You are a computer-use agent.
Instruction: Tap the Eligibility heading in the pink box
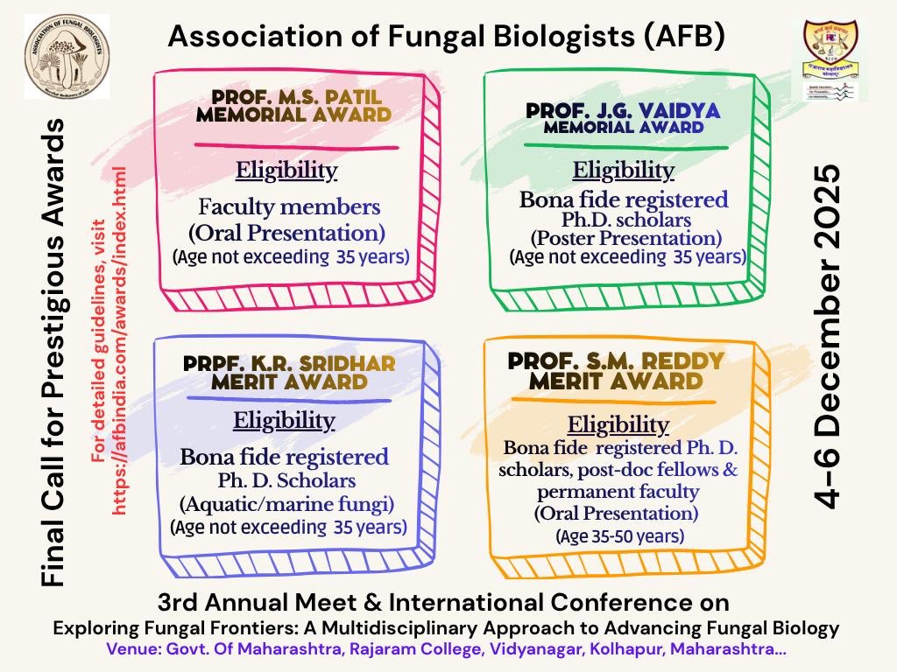coord(286,170)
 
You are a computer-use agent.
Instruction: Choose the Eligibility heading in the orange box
coord(618,425)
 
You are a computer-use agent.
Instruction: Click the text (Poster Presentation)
coord(626,238)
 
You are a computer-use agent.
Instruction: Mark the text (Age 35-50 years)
coord(619,535)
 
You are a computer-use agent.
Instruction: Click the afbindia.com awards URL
coord(120,340)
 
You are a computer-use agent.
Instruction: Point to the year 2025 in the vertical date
coord(825,211)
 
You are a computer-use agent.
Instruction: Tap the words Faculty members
coord(289,208)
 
